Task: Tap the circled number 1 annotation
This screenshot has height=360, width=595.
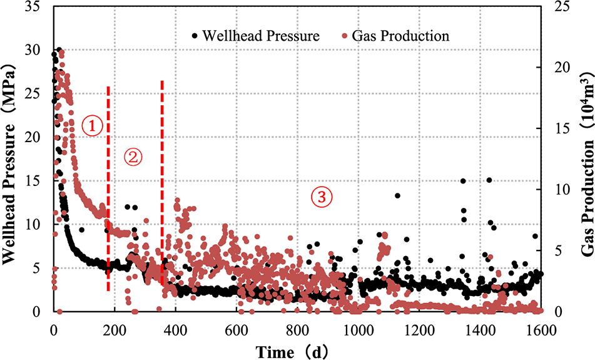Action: (91, 126)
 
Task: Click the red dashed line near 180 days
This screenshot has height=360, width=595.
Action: (108, 188)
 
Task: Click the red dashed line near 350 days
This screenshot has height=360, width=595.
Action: (162, 188)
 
